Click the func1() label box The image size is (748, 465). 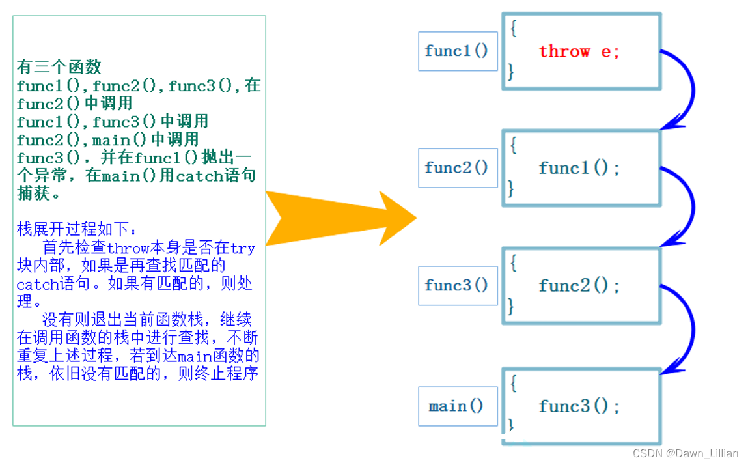pos(457,51)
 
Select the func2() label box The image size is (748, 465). pos(457,167)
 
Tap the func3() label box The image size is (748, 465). pos(457,285)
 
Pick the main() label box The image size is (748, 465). pos(457,406)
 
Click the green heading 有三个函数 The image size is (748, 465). pos(59,66)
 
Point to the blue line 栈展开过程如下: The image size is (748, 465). pos(77,229)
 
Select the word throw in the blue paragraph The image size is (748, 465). pos(128,248)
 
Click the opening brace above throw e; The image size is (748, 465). pos(514,29)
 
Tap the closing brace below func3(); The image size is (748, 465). pos(512,425)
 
